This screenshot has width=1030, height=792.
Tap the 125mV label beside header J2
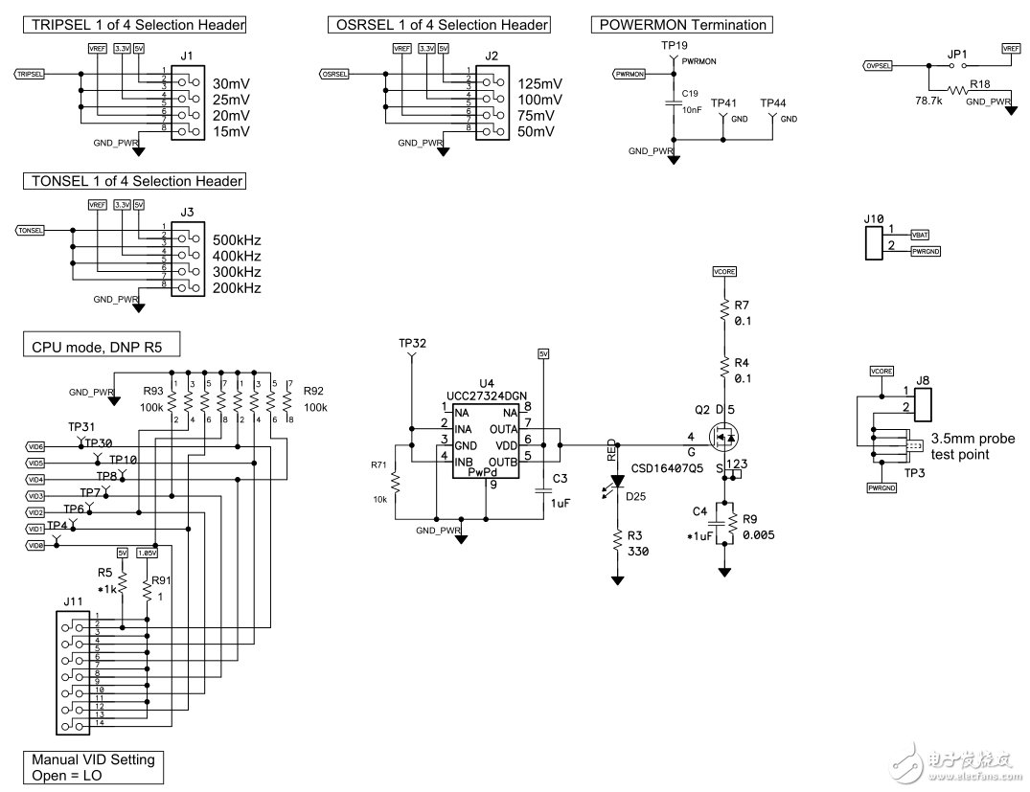pyautogui.click(x=539, y=83)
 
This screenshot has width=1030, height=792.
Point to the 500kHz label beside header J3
pyautogui.click(x=238, y=239)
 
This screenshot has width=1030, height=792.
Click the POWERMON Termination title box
pyautogui.click(x=682, y=25)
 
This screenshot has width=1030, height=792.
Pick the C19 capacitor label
pyautogui.click(x=691, y=94)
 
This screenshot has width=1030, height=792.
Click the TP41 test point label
pyautogui.click(x=723, y=102)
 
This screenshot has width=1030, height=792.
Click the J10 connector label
pyautogui.click(x=874, y=218)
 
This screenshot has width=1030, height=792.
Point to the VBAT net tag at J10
pyautogui.click(x=920, y=234)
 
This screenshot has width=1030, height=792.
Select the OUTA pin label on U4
pyautogui.click(x=502, y=429)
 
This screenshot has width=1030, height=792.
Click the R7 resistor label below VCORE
pyautogui.click(x=742, y=306)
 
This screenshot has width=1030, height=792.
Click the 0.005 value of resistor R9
pyautogui.click(x=759, y=535)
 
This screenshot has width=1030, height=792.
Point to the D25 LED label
pyautogui.click(x=635, y=495)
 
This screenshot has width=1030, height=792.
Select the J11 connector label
pyautogui.click(x=74, y=601)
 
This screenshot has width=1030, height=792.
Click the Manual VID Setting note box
pyautogui.click(x=93, y=767)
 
